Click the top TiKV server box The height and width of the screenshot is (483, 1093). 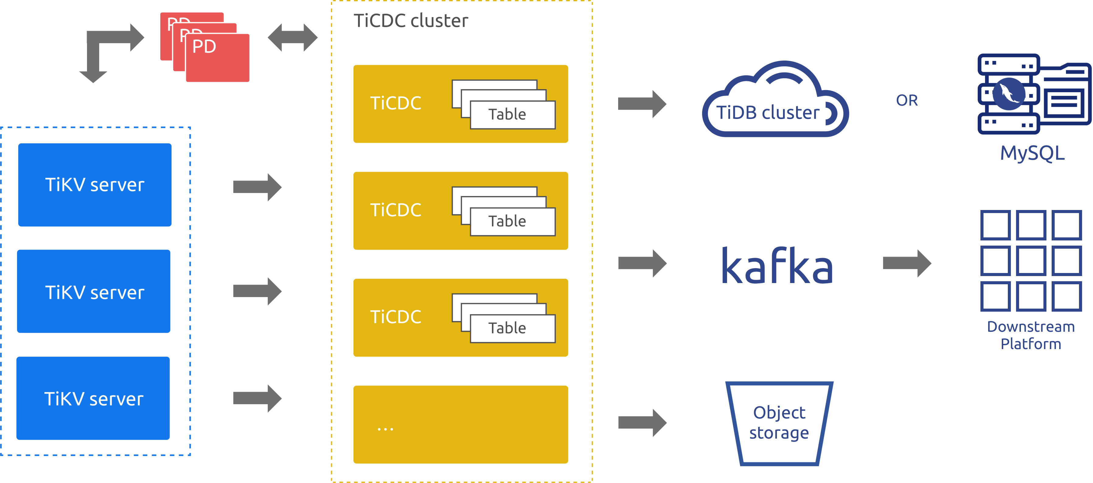tap(95, 185)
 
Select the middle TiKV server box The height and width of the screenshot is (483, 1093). tap(94, 291)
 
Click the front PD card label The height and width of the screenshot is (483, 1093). tap(204, 47)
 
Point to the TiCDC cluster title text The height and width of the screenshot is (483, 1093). tap(411, 21)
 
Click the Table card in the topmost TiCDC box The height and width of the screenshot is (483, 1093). tap(512, 115)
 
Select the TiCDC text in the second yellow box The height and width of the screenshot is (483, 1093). tap(395, 210)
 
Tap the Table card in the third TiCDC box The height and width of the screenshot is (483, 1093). tap(512, 328)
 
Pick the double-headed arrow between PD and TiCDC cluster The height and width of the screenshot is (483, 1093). tap(292, 38)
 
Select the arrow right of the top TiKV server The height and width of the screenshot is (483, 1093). tap(257, 187)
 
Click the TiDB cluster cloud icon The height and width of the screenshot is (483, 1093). tap(775, 102)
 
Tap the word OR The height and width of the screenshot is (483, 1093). tap(907, 101)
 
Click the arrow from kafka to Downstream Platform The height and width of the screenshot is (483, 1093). tap(907, 263)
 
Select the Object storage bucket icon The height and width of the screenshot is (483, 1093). tap(779, 423)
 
